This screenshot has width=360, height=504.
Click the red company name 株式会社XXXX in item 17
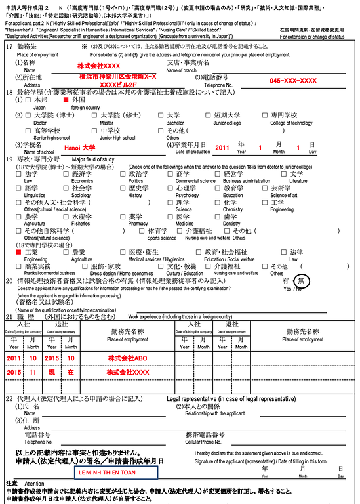coord(98,67)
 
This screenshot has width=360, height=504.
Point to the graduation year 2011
coord(222,148)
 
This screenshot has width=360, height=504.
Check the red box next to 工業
coord(19,252)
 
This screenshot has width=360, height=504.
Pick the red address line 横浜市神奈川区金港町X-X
coord(118,77)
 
